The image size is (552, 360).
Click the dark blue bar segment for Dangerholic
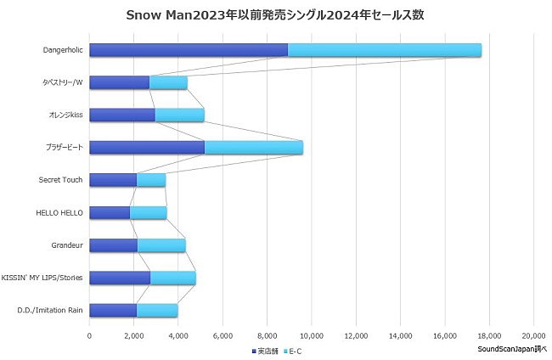pos(188,50)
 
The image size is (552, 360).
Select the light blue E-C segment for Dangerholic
pos(384,50)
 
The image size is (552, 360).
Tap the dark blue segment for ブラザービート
pos(146,148)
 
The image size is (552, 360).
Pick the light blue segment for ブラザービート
pos(253,148)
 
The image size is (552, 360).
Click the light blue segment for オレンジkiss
pos(179,115)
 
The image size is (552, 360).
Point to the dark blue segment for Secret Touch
pos(112,180)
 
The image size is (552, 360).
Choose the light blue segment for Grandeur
pos(161,245)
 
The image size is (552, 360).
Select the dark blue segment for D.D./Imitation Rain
pos(112,311)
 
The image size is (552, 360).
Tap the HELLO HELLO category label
pos(61,212)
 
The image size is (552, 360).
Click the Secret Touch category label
pos(61,180)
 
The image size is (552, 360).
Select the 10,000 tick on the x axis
pos(312,335)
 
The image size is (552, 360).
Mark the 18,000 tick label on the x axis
pos(489,335)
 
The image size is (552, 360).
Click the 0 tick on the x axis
pos(89,335)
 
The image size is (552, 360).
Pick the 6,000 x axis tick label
pos(222,335)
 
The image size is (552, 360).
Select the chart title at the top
pos(275,14)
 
